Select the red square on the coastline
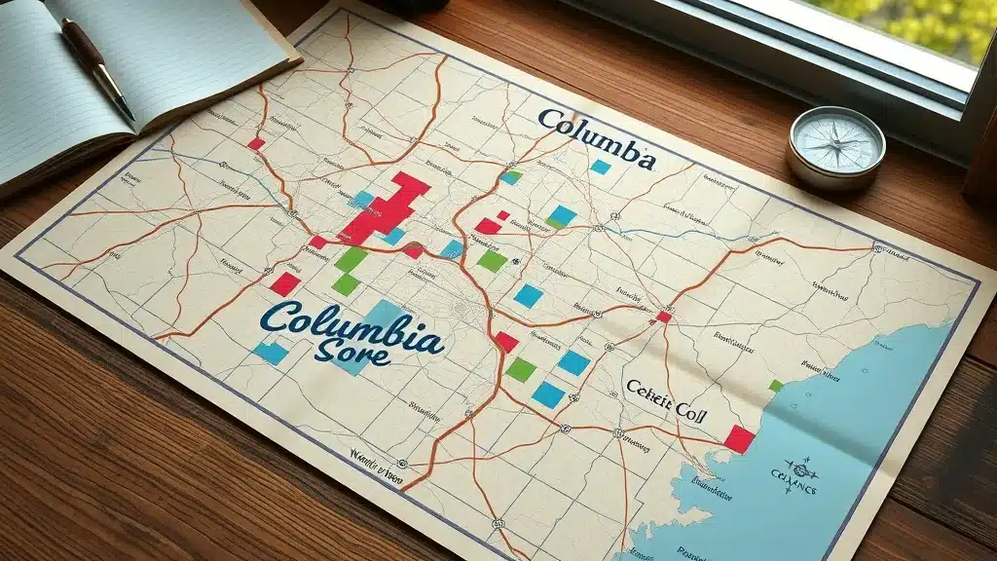(x=739, y=439)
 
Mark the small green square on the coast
(x=775, y=386)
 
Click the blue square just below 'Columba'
(x=600, y=167)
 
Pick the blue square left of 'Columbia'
(x=271, y=353)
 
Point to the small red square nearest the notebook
(x=256, y=143)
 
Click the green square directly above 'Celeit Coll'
(x=521, y=369)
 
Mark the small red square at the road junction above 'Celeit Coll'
(x=663, y=317)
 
